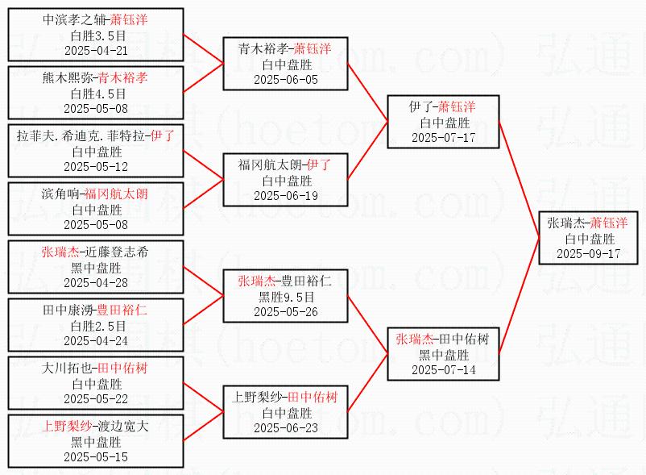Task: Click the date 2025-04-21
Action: [x=96, y=50]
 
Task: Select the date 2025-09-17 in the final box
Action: [x=589, y=253]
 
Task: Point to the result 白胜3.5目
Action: [x=96, y=35]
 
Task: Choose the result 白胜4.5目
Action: [x=96, y=94]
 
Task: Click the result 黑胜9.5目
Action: [x=286, y=297]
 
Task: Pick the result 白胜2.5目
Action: [x=96, y=326]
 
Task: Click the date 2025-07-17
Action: [x=443, y=137]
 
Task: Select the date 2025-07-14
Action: [x=443, y=369]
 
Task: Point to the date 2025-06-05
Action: [x=286, y=79]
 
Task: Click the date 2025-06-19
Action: [x=286, y=195]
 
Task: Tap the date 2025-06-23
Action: [x=286, y=427]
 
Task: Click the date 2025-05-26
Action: [x=286, y=311]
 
